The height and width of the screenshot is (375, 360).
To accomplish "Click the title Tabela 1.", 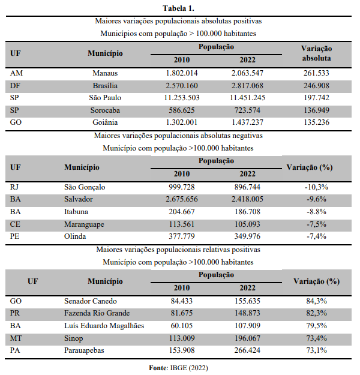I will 178,8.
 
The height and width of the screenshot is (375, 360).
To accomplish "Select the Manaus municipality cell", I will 105,73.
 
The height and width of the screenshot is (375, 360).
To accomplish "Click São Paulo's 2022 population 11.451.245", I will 243,98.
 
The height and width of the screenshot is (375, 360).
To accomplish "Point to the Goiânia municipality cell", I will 105,122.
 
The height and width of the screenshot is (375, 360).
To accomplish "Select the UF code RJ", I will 16,187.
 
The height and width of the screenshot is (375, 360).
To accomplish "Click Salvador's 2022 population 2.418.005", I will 243,199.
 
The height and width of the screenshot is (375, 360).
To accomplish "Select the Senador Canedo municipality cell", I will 90,301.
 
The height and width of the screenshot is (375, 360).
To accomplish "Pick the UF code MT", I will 17,338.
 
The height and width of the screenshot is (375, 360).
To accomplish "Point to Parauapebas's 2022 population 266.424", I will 243,350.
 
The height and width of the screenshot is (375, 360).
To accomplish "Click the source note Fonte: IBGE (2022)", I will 178,367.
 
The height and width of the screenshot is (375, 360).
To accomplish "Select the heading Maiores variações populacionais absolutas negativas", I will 178,136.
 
